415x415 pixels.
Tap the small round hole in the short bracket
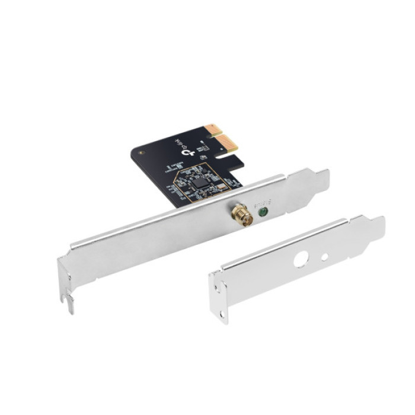click(324, 257)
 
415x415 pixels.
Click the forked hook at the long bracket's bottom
click(68, 302)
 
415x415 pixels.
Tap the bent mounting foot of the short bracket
click(219, 299)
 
